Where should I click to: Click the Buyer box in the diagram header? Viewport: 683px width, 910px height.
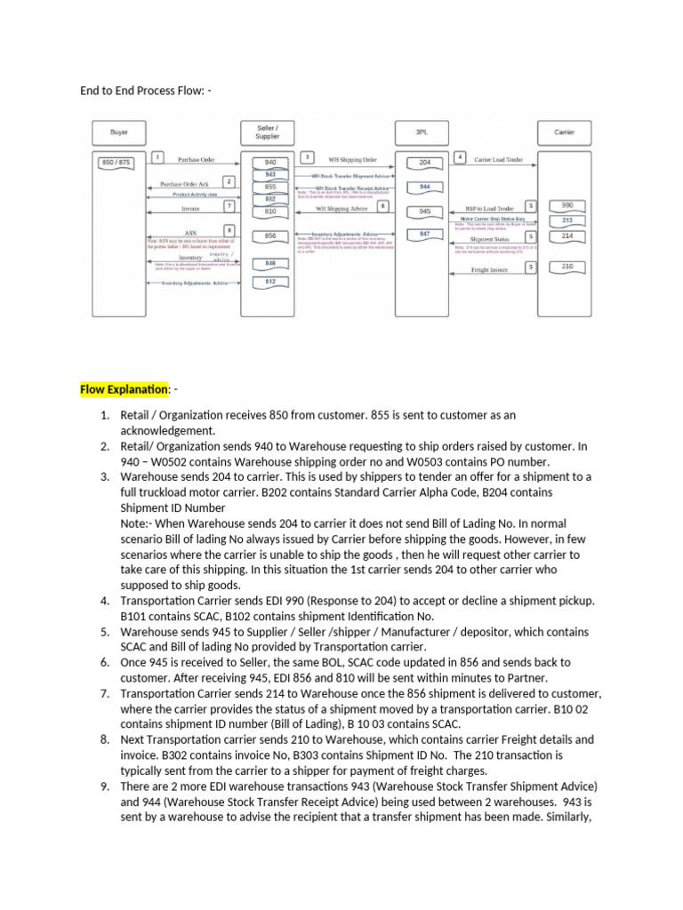[x=118, y=132]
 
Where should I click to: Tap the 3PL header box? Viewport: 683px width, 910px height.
[x=421, y=132]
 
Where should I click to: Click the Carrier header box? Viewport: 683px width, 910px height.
[x=564, y=132]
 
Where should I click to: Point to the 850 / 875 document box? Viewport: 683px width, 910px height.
[x=117, y=163]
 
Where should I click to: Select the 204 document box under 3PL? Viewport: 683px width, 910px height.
[x=425, y=164]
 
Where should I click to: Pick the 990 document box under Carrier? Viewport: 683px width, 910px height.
[x=567, y=205]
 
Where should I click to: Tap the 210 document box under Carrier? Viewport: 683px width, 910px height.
[x=567, y=267]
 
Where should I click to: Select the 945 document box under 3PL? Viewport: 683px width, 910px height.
[x=425, y=212]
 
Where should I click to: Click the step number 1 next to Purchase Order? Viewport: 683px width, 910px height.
[x=157, y=157]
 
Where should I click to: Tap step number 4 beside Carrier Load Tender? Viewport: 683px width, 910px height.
[x=460, y=157]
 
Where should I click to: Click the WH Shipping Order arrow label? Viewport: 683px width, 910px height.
[x=346, y=160]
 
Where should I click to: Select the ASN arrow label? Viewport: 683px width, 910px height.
[x=190, y=234]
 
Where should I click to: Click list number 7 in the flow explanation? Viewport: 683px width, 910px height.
[x=103, y=693]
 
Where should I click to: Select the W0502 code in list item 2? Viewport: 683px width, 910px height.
[x=167, y=461]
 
